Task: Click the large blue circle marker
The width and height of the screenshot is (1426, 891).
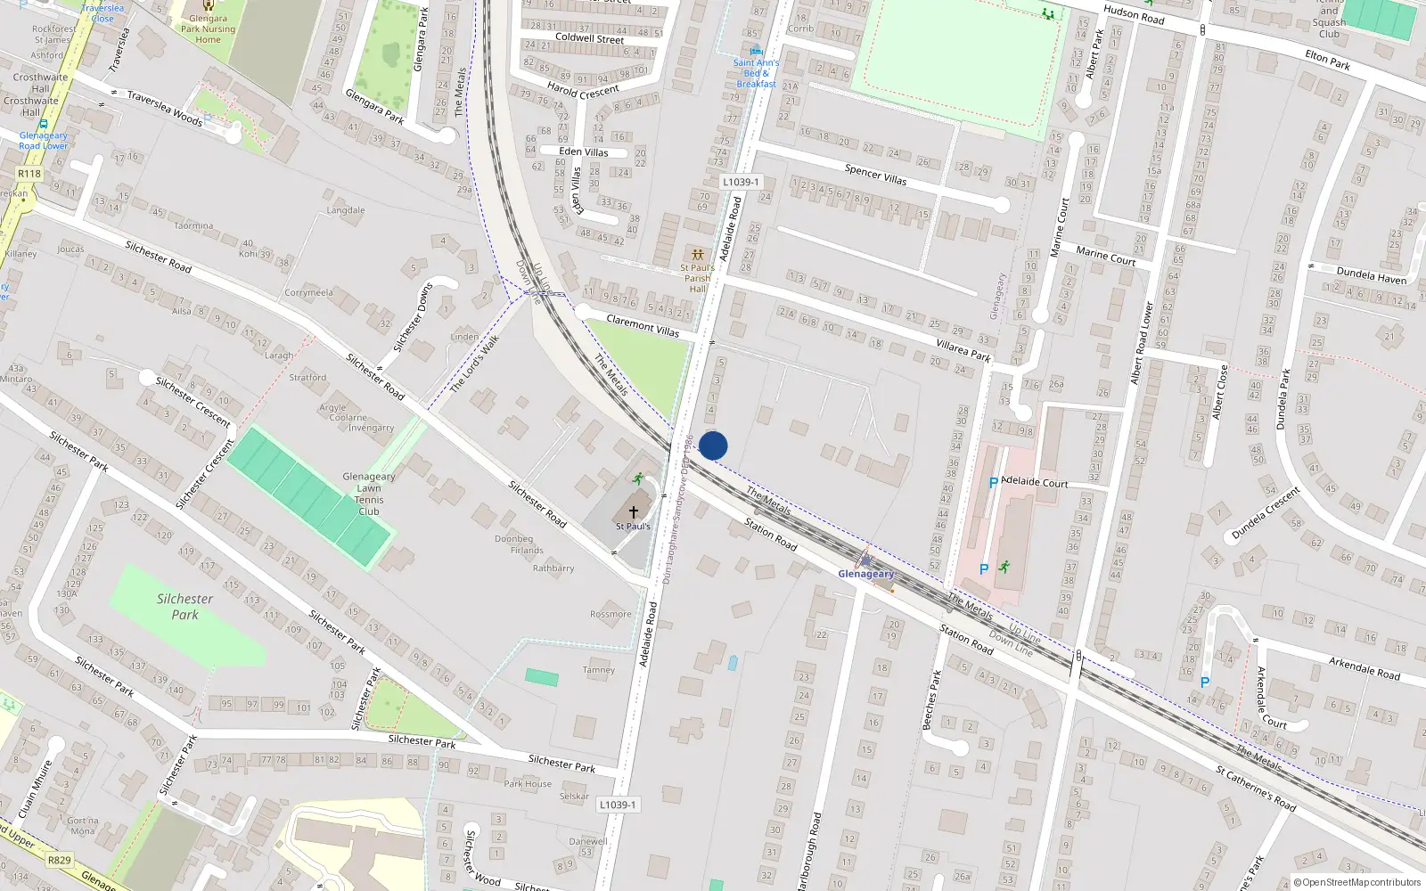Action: coord(713,445)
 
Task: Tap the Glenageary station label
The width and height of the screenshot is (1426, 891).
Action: coord(865,574)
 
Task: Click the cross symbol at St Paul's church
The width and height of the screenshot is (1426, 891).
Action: coord(634,512)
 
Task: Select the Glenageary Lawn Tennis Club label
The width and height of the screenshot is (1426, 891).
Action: coord(369,494)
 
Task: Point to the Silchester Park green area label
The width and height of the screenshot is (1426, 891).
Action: coord(184,606)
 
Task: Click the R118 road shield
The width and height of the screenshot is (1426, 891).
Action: coord(29,174)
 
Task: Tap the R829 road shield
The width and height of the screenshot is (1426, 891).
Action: coord(59,860)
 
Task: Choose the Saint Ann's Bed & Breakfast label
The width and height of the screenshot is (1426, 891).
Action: coord(756,73)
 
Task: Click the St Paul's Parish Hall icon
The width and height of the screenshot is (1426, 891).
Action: coord(697,255)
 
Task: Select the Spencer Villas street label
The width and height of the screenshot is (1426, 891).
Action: coord(875,175)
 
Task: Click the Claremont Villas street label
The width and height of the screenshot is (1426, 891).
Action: coord(642,325)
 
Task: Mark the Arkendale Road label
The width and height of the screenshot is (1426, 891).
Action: coord(1364,668)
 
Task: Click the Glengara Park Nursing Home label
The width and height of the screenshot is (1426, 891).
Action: coord(208,29)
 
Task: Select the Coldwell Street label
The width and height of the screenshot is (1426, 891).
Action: coord(589,38)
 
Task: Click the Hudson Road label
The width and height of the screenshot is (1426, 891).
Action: coord(1134,14)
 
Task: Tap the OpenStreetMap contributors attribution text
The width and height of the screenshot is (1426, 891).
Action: coord(1357,882)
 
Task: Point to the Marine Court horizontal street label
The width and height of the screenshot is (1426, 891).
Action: coord(1105,256)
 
